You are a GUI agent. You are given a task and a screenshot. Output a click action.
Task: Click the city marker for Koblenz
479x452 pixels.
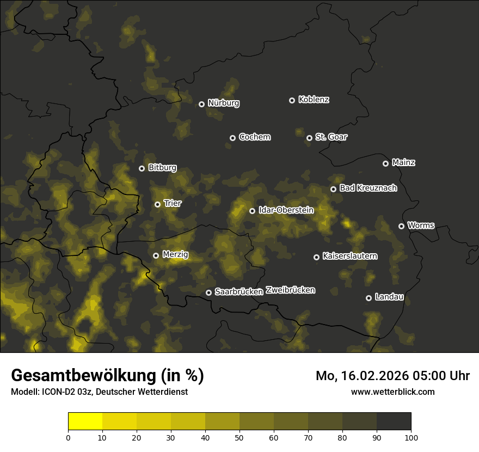292,100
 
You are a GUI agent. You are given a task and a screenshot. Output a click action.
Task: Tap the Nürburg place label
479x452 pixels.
223,103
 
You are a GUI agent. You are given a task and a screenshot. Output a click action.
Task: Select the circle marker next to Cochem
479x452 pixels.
232,138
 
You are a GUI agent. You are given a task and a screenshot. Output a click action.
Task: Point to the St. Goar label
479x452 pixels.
331,137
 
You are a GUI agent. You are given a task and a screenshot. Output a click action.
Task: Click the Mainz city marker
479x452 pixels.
385,163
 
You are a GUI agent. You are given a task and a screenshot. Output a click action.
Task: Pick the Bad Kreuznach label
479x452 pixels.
368,188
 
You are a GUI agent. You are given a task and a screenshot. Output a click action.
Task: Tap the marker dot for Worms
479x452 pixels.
401,226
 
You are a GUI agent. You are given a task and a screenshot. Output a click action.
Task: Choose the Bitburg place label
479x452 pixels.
162,168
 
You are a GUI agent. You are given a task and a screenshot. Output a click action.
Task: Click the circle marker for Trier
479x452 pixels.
157,204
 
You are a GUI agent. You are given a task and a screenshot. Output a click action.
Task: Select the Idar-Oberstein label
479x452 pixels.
286,210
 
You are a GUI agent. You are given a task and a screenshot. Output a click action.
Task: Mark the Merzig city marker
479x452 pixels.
156,255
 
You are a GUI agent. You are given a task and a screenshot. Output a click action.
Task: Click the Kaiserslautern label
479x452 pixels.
349,256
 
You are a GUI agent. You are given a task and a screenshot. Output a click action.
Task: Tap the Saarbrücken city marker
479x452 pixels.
208,292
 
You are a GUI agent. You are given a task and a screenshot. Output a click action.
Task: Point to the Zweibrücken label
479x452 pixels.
290,290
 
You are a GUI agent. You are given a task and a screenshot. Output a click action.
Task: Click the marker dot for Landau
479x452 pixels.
369,298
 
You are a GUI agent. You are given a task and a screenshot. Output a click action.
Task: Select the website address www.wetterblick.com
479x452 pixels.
392,392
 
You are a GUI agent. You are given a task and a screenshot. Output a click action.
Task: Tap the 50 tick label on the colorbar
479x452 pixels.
239,437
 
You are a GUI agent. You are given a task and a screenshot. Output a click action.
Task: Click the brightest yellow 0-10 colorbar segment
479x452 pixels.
85,421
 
